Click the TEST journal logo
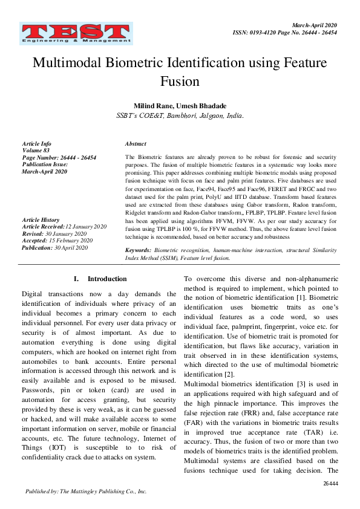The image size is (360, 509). coord(76,33)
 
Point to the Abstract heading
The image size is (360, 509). coord(136,144)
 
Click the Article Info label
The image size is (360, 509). coord(37,144)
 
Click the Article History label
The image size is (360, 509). coord(41,219)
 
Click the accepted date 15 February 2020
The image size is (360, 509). coord(71,241)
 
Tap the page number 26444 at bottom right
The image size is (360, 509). coord(330,484)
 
